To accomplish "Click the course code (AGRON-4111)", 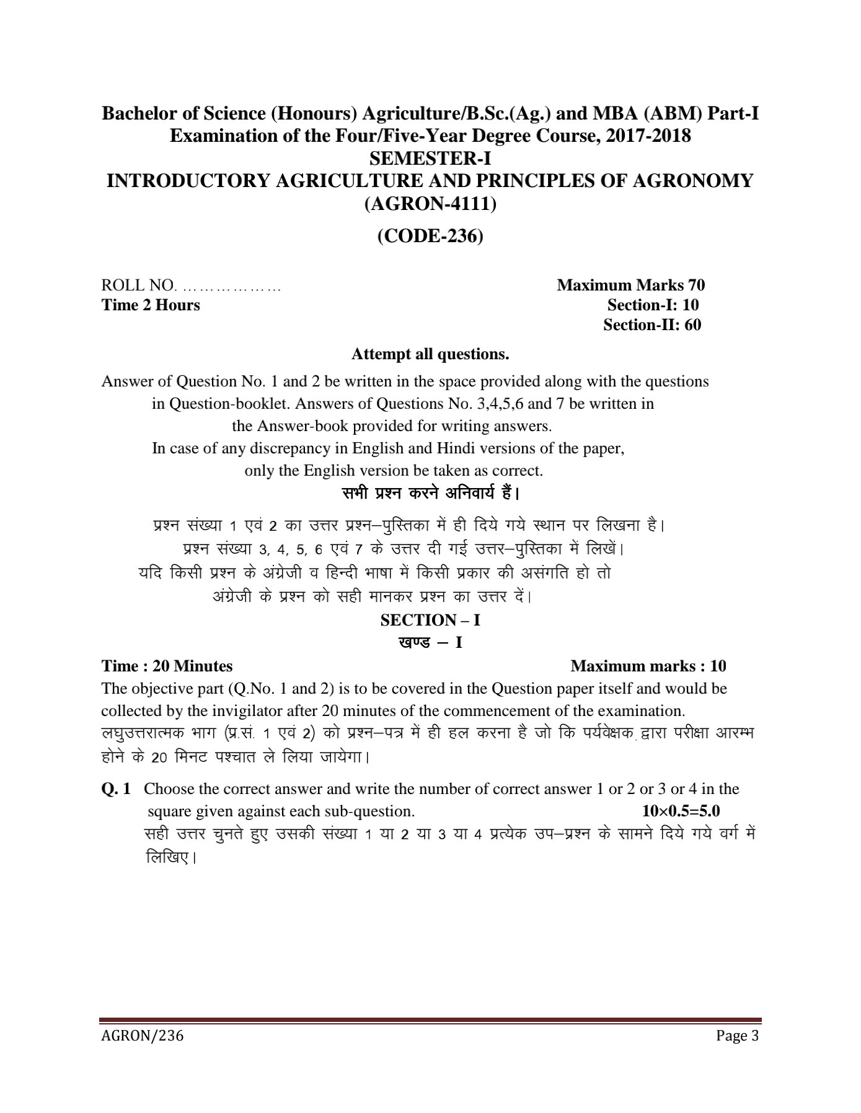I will (430, 203).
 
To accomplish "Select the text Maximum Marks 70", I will (630, 285).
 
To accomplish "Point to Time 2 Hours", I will (151, 305).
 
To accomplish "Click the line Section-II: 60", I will (652, 325).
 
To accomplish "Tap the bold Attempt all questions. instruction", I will (430, 354).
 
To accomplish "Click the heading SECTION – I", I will (430, 620).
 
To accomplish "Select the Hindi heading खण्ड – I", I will (430, 642).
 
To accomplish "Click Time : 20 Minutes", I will (167, 666).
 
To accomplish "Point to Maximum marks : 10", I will (648, 666).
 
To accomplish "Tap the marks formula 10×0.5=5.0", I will (681, 811).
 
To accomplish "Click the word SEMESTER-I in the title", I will (430, 159).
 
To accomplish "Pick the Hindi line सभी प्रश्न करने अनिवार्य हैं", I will (430, 494).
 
